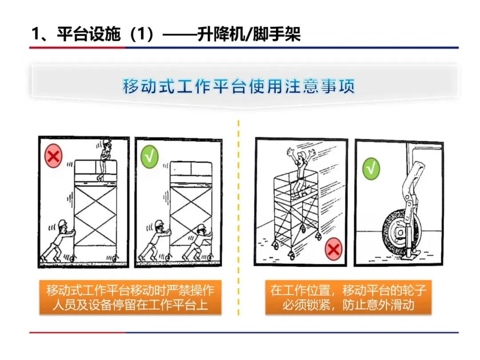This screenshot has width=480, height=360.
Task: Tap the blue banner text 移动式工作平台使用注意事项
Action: pos(239,86)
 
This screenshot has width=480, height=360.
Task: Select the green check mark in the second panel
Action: pos(149,158)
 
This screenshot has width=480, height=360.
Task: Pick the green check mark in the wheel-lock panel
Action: pos(371,169)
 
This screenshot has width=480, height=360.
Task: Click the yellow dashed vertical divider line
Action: pos(239,218)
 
